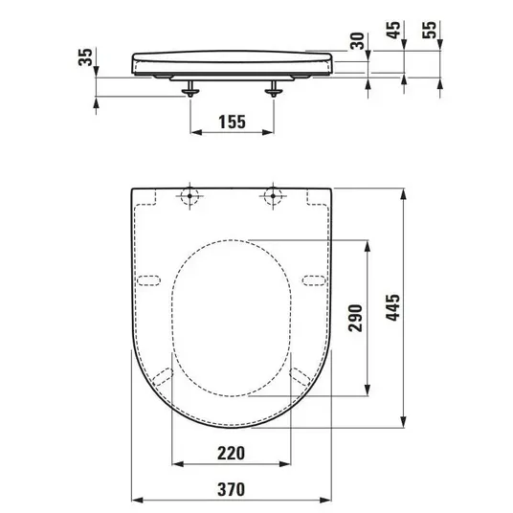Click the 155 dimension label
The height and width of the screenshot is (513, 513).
click(x=232, y=122)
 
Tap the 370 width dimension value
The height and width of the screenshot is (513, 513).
click(x=231, y=489)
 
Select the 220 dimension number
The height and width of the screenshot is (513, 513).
click(x=231, y=453)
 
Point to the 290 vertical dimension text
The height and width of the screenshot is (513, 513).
click(x=356, y=318)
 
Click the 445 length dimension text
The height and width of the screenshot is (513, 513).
click(x=392, y=307)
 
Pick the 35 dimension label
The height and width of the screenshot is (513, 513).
click(x=86, y=56)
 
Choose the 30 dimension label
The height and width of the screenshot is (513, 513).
click(x=357, y=41)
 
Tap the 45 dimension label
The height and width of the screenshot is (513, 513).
click(x=394, y=30)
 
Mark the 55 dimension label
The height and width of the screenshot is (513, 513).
click(x=429, y=30)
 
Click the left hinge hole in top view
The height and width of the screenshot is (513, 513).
click(x=190, y=196)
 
